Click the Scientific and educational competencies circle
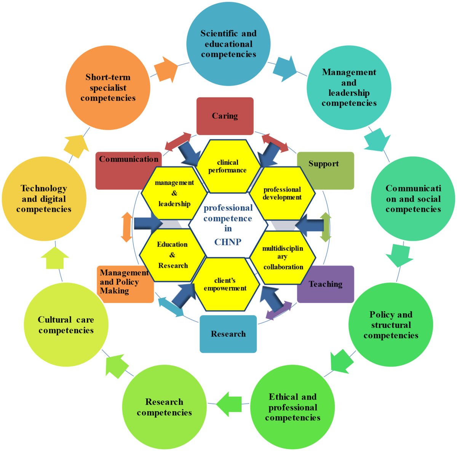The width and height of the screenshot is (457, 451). coord(228,43)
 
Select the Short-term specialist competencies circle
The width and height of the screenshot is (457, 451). coord(108,88)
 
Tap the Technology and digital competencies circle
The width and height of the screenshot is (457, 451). coord(44,199)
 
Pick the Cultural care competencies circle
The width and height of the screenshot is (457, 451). coord(66,325)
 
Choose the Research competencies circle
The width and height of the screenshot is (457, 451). coord(164,407)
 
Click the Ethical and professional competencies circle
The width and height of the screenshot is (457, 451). coord(292,407)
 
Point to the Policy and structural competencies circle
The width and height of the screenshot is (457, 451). coord(391,325)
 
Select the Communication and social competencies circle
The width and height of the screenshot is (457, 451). coord(413,199)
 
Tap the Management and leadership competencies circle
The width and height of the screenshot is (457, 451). coord(349,88)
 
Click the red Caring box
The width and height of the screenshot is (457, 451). coord(225,116)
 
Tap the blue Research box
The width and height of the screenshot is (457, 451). coord(228,334)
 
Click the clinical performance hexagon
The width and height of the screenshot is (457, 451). coord(227,166)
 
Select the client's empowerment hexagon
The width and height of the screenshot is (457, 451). coord(225,284)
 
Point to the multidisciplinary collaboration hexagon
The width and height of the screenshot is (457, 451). coord(283,257)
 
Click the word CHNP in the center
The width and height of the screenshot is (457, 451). coord(228,242)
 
